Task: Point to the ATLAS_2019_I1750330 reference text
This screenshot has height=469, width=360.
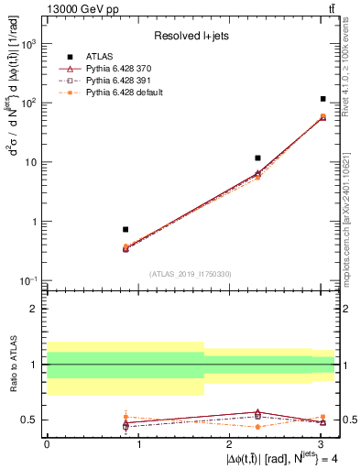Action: click(191, 274)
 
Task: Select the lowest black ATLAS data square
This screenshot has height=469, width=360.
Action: click(125, 229)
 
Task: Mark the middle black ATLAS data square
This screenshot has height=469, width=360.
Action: click(258, 158)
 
